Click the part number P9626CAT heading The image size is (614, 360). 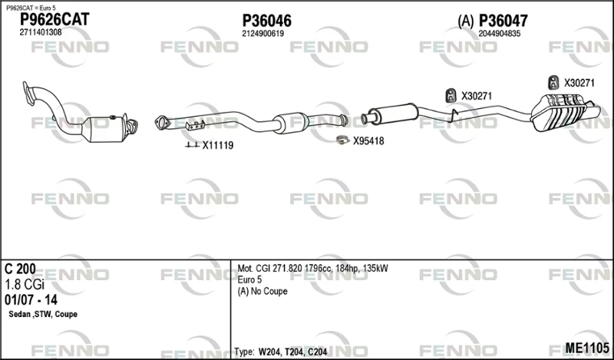(x=54, y=19)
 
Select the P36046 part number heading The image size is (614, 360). (x=266, y=21)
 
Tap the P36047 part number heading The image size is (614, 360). (x=503, y=21)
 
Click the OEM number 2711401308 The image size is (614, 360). (x=41, y=32)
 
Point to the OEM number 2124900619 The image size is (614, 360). (x=262, y=34)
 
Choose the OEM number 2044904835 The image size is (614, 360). (x=500, y=34)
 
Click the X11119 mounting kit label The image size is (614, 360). (x=218, y=145)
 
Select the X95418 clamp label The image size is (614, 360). (x=368, y=141)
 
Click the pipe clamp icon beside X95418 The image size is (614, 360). (x=342, y=140)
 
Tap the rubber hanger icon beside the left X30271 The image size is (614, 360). (x=451, y=96)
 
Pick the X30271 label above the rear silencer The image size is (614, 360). (x=579, y=83)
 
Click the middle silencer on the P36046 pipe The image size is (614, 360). (x=290, y=123)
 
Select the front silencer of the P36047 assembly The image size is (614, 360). (x=394, y=114)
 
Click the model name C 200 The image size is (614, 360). (x=20, y=269)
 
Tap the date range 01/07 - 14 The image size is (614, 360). (x=31, y=300)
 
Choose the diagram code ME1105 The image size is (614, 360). (x=587, y=348)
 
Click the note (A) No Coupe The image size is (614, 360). (x=262, y=292)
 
